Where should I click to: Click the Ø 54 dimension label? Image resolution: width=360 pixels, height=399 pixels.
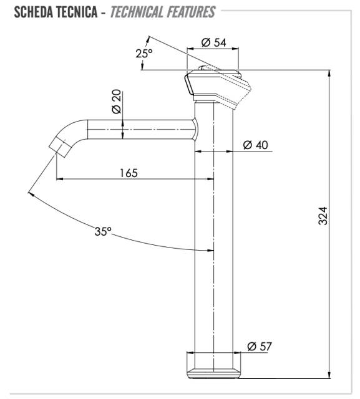pyautogui.click(x=213, y=42)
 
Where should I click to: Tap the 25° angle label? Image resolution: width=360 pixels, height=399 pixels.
pyautogui.click(x=144, y=54)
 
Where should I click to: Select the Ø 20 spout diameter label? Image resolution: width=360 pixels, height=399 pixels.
pyautogui.click(x=117, y=102)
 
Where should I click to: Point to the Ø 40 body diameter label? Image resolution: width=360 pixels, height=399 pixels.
pyautogui.click(x=255, y=145)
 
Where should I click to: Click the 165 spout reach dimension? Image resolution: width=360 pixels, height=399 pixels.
pyautogui.click(x=129, y=173)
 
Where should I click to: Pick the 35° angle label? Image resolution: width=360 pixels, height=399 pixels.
pyautogui.click(x=103, y=231)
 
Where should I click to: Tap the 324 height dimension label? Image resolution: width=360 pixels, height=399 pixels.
pyautogui.click(x=323, y=216)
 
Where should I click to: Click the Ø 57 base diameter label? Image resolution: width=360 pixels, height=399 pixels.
pyautogui.click(x=260, y=347)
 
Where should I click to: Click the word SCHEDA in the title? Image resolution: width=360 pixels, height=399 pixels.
pyautogui.click(x=30, y=12)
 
